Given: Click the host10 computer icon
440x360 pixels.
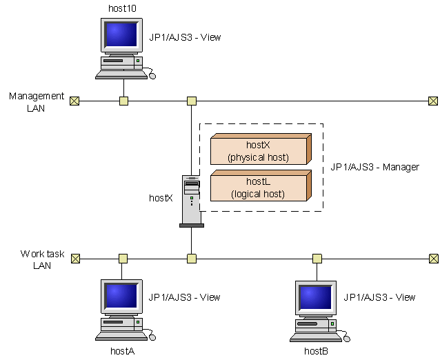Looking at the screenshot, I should [x=122, y=48].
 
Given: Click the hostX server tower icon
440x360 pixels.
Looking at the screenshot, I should [x=191, y=201].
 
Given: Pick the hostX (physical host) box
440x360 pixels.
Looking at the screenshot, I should [x=259, y=151].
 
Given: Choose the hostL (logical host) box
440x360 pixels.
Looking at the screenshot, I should [x=259, y=188].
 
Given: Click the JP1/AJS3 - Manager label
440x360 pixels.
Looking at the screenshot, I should [x=374, y=167].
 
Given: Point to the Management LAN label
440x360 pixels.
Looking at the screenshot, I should [x=37, y=102].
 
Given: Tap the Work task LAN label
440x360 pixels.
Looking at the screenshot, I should [x=42, y=259].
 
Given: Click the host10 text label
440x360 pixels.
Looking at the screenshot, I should [x=123, y=8].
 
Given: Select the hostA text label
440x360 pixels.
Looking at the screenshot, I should [x=122, y=351].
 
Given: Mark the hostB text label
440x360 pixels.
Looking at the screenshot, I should [x=316, y=351].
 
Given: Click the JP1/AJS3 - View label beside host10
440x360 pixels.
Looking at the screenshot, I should [x=185, y=37].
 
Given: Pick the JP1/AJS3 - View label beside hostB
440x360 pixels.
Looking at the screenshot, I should [x=379, y=297].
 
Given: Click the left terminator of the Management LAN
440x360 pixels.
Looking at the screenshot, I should [x=74, y=101].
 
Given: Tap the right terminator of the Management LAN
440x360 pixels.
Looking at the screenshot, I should [x=432, y=101].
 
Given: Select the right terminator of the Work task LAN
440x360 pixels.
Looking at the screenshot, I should [x=432, y=259].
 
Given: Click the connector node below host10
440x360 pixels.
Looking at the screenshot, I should [x=123, y=101].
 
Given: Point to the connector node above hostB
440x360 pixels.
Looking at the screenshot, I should [x=317, y=259].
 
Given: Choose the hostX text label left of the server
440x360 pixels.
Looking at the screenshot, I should [x=161, y=198].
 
